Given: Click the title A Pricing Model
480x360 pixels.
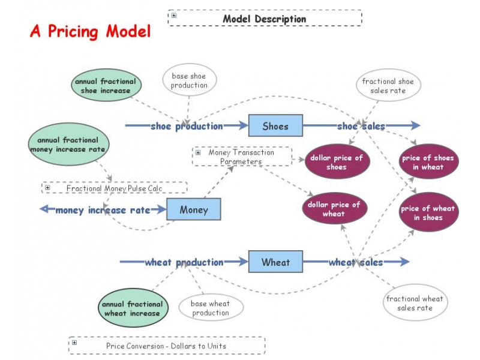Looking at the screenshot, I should (90, 31).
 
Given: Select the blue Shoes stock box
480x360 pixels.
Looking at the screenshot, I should (275, 126).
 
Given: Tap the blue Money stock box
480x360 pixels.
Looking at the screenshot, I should (193, 209).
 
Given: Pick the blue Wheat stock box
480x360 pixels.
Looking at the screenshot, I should (275, 262).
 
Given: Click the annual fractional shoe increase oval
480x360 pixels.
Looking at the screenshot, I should (106, 86).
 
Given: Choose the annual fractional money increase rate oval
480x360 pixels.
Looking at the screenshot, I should (68, 145).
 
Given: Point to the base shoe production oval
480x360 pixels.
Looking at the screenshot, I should (189, 80).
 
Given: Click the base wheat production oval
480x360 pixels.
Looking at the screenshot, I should (211, 308).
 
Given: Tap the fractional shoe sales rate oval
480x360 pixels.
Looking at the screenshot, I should (388, 86).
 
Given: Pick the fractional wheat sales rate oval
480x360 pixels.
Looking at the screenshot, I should (415, 303).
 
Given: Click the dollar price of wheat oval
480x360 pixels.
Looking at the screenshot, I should (334, 209).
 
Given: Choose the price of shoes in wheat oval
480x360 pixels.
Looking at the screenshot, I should (428, 162).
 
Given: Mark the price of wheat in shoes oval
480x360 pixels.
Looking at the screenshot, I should (428, 212).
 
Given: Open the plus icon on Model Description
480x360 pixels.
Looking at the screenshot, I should (174, 16).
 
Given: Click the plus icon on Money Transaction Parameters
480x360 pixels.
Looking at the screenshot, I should (198, 152).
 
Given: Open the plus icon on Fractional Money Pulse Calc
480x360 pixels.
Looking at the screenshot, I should (47, 188).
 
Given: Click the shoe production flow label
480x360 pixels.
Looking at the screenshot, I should (187, 126).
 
